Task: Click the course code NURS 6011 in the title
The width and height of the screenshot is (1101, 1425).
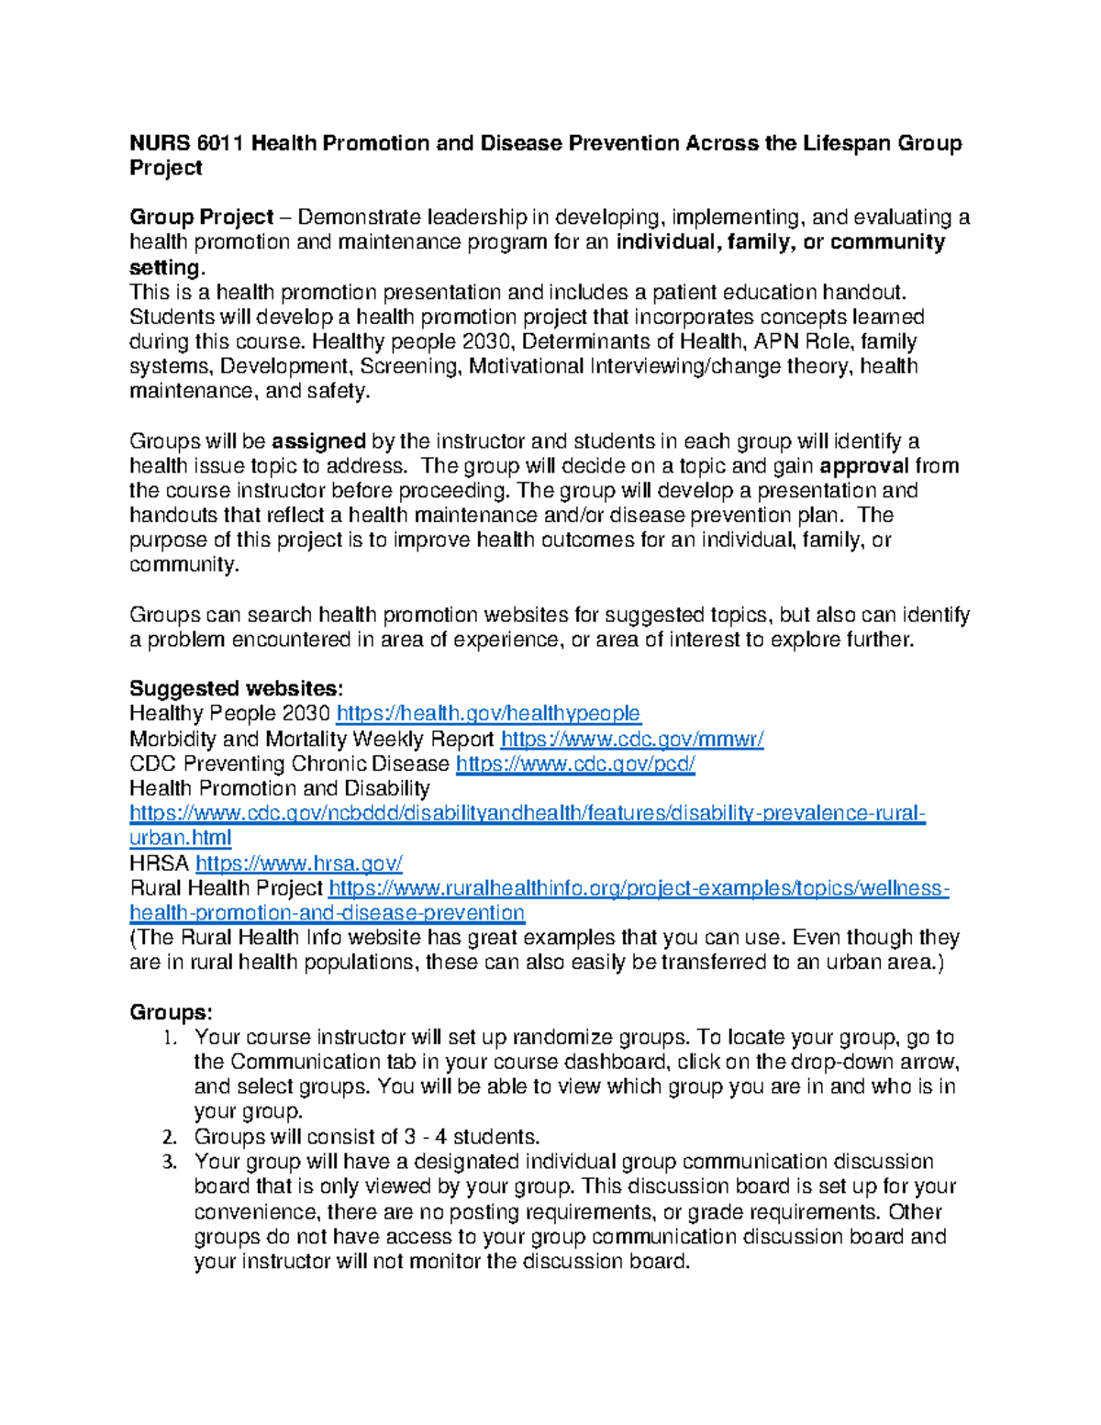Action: [x=186, y=143]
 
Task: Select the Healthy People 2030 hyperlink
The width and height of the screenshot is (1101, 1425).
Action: [x=488, y=714]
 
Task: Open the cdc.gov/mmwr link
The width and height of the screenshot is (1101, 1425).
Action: [x=632, y=739]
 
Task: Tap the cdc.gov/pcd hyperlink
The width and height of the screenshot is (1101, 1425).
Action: [x=575, y=763]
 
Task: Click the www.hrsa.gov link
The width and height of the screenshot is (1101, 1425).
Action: [x=299, y=863]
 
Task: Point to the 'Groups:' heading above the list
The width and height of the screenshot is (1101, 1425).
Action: [x=171, y=1012]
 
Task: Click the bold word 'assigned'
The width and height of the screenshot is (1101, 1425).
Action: [x=319, y=441]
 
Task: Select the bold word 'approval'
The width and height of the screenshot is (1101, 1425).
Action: [x=864, y=466]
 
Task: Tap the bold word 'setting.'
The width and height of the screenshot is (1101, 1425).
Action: [x=167, y=268]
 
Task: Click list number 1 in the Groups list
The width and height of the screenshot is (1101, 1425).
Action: [x=168, y=1038]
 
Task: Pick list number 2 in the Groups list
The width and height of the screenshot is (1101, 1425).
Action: [x=168, y=1138]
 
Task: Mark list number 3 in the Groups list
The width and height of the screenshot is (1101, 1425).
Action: [x=168, y=1163]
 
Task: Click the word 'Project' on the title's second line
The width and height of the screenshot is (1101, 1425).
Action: [x=166, y=168]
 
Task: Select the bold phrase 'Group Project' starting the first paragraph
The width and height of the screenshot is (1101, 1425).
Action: [x=202, y=217]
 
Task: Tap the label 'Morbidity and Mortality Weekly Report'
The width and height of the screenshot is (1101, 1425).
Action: [x=312, y=739]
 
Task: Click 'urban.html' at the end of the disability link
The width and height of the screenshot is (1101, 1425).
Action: [x=181, y=838]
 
